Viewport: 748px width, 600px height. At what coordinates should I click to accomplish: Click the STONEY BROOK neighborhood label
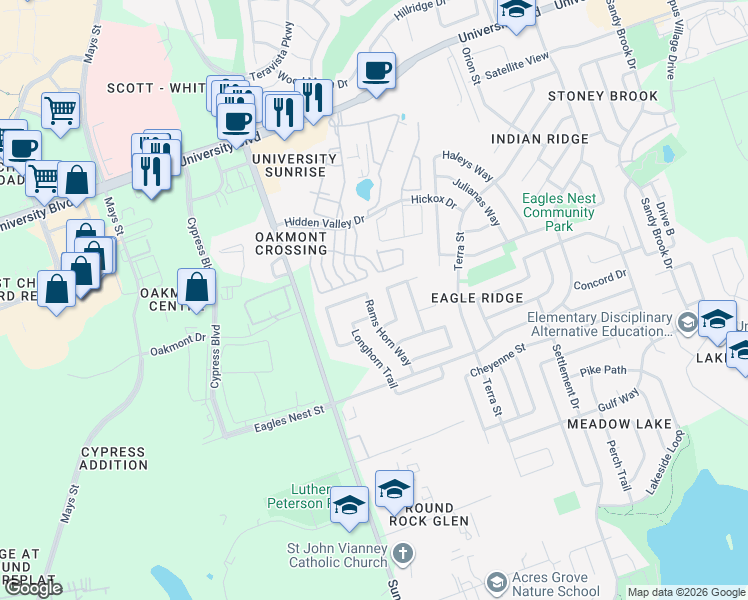pyautogui.click(x=602, y=97)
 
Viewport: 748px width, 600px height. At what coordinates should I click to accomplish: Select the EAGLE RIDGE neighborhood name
pyautogui.click(x=477, y=298)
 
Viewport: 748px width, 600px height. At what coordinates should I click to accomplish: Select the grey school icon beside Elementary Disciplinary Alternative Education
pyautogui.click(x=687, y=323)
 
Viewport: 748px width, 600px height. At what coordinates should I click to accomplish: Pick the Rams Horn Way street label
pyautogui.click(x=387, y=331)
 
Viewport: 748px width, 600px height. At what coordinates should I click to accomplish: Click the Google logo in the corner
pyautogui.click(x=33, y=588)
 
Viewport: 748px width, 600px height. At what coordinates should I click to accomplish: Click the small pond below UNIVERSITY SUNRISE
pyautogui.click(x=365, y=188)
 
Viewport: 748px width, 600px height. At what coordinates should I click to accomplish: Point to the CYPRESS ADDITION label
pyautogui.click(x=114, y=458)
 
